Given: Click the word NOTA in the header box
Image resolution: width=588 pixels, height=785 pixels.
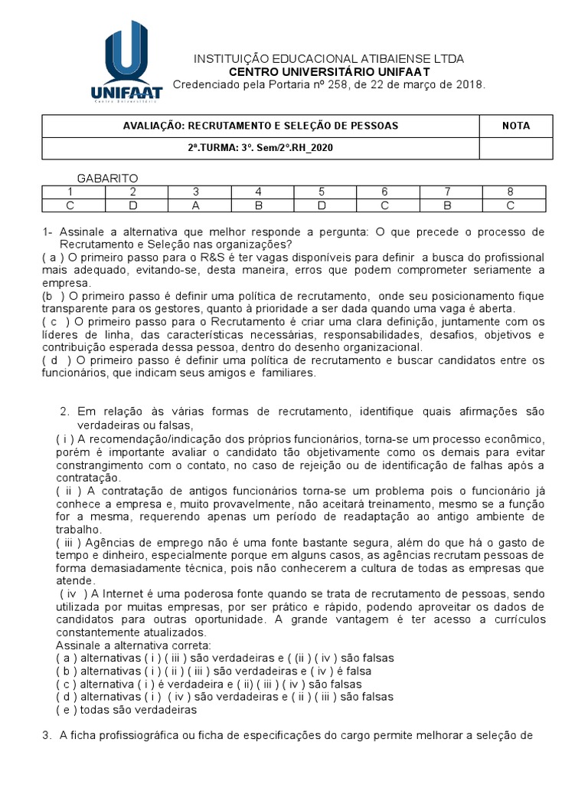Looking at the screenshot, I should [515, 126].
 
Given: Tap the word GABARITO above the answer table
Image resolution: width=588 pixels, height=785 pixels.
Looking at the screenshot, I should [108, 178].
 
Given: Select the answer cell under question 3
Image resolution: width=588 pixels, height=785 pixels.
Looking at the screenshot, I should [195, 205].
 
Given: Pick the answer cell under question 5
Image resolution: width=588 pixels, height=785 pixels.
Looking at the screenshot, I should [322, 205].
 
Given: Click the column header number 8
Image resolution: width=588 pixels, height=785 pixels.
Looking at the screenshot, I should [511, 192].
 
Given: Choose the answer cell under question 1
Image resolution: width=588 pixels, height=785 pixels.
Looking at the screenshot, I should [70, 205].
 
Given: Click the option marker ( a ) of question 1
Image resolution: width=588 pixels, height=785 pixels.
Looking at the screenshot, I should [53, 258].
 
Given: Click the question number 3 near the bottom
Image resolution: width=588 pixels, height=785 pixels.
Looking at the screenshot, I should [46, 737].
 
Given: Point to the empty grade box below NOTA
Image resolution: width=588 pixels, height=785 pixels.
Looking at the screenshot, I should [515, 148].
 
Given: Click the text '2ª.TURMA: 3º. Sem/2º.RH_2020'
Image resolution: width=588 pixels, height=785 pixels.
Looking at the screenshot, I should [260, 148].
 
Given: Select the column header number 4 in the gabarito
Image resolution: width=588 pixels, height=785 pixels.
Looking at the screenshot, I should [259, 192].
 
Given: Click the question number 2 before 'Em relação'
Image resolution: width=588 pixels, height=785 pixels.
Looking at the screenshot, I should [64, 412].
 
